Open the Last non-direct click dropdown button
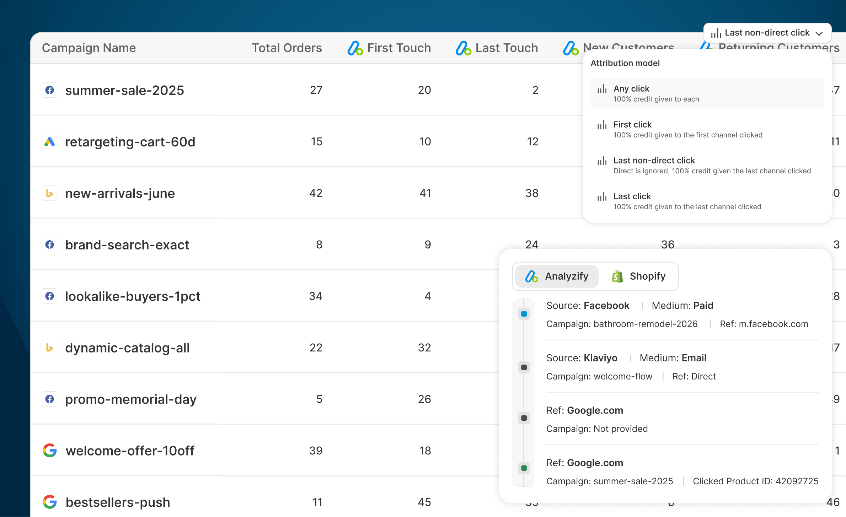pyautogui.click(x=767, y=33)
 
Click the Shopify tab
pyautogui.click(x=638, y=276)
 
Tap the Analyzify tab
pyautogui.click(x=557, y=276)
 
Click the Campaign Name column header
pyautogui.click(x=89, y=48)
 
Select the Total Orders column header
pyautogui.click(x=287, y=48)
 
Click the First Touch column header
pyautogui.click(x=390, y=48)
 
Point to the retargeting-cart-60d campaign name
pyautogui.click(x=130, y=142)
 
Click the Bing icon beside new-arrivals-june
pyautogui.click(x=50, y=193)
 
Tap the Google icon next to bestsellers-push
pyautogui.click(x=50, y=502)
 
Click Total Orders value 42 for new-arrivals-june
pyautogui.click(x=316, y=193)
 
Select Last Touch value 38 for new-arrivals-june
pyautogui.click(x=532, y=193)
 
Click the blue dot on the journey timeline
pyautogui.click(x=524, y=314)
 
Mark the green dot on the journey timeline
pyautogui.click(x=524, y=468)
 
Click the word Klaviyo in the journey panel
pyautogui.click(x=600, y=358)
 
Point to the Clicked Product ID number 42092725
pyautogui.click(x=797, y=481)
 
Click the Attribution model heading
pyautogui.click(x=625, y=63)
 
